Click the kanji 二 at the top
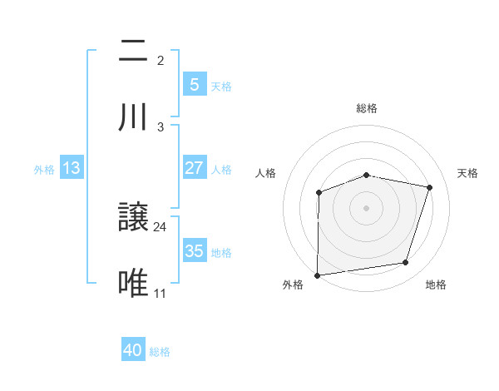click(134, 52)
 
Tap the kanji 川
click(134, 118)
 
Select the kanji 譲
click(134, 218)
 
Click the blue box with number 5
click(194, 85)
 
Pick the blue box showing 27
click(194, 168)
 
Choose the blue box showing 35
click(194, 251)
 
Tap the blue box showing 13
click(72, 168)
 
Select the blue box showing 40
click(133, 351)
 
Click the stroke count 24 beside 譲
click(161, 226)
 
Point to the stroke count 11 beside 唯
click(161, 293)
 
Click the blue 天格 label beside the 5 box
click(221, 86)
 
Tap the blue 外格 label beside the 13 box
click(44, 169)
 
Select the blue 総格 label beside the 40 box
click(160, 352)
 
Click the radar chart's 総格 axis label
click(367, 108)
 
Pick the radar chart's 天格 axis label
click(468, 173)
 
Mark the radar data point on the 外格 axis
click(318, 275)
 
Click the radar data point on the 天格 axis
click(430, 187)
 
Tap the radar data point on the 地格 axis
click(406, 263)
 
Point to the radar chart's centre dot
click(367, 207)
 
